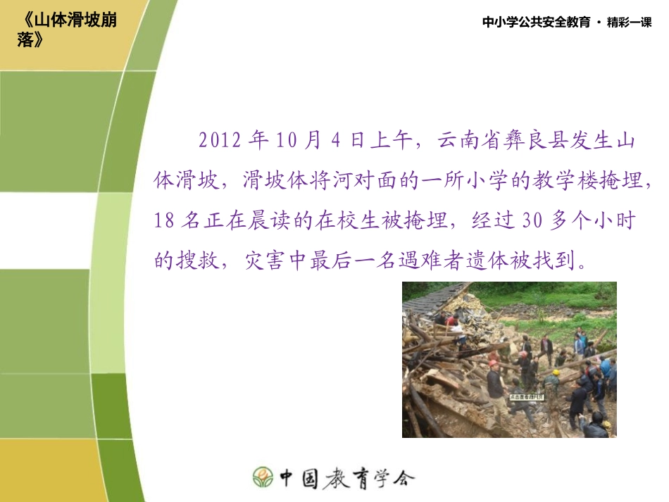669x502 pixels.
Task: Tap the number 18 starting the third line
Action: pyautogui.click(x=163, y=221)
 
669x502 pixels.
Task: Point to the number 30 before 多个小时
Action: pyautogui.click(x=532, y=221)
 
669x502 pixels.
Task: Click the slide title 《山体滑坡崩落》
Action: pyautogui.click(x=68, y=30)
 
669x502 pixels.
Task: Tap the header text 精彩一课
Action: pyautogui.click(x=630, y=23)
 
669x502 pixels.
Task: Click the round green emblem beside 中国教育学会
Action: pyautogui.click(x=263, y=477)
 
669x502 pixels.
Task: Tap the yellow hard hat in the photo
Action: pyautogui.click(x=556, y=372)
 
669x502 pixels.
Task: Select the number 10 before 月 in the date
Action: pyautogui.click(x=288, y=140)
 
